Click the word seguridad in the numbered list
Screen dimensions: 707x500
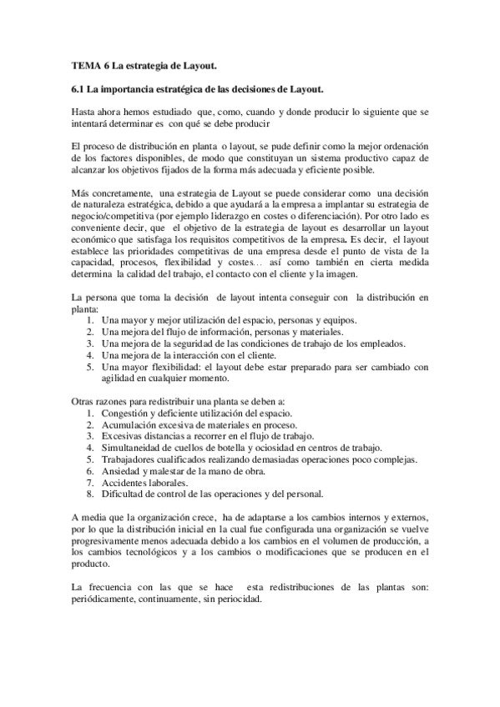189,343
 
